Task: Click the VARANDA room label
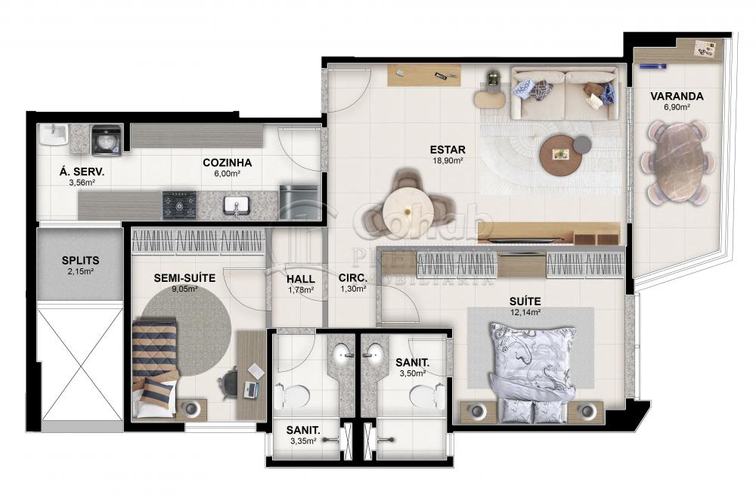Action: [x=677, y=96]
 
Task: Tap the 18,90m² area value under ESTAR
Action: [x=448, y=160]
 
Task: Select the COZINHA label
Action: [x=227, y=162]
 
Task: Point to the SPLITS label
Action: [x=80, y=261]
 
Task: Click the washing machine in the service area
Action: [x=106, y=140]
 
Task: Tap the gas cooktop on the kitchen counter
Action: [x=179, y=204]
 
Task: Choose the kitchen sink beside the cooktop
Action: [x=237, y=204]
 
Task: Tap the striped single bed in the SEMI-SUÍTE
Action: [x=154, y=367]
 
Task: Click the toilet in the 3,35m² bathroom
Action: [x=294, y=395]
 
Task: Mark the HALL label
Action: [x=301, y=278]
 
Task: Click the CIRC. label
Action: [x=352, y=277]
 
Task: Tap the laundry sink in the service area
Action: [x=54, y=137]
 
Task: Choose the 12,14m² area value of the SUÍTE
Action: [x=525, y=312]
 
